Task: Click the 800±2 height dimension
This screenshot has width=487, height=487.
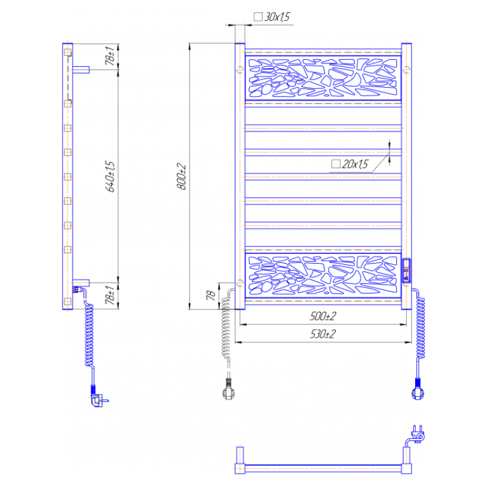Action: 181,177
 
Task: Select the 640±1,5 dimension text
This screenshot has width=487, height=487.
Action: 110,177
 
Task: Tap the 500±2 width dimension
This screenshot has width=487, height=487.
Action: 323,316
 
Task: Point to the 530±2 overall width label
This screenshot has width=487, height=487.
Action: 323,334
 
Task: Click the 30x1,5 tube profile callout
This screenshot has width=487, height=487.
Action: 272,17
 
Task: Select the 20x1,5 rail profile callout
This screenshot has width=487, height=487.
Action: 349,164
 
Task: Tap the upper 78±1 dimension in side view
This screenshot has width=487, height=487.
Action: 110,56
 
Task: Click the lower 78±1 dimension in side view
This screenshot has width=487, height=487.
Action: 110,295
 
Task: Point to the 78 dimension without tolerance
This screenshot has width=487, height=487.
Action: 211,295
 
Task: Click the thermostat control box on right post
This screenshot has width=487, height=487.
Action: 407,270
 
